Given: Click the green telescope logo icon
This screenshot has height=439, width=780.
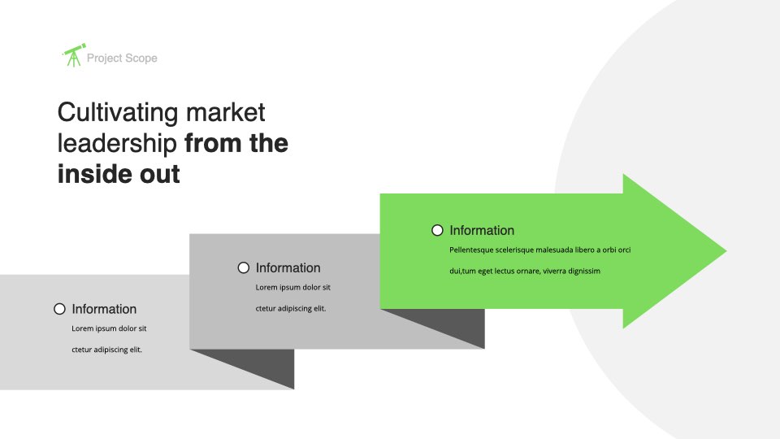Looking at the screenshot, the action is click(x=74, y=54).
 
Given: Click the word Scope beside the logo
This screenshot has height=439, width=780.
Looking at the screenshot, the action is click(x=141, y=59).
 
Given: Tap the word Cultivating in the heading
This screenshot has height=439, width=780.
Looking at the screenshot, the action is click(x=117, y=113).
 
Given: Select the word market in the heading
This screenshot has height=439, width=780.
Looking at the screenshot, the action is click(x=225, y=112).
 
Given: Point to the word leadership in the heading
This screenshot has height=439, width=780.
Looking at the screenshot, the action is click(x=117, y=144).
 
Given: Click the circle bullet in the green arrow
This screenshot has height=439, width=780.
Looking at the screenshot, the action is click(x=437, y=230).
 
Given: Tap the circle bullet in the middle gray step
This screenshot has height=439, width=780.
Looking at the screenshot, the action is click(x=243, y=267).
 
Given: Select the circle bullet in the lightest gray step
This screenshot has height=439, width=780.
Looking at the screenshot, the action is click(x=59, y=309).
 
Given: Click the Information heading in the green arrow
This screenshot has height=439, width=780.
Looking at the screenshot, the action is click(x=482, y=230).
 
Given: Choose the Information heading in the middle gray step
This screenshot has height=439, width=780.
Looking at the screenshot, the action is click(x=288, y=267).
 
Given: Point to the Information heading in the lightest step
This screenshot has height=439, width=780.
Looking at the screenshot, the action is click(x=104, y=309).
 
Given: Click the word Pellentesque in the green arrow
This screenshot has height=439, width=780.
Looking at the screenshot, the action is click(x=471, y=250).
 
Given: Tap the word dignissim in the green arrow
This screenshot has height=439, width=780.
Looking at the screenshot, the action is click(x=584, y=271).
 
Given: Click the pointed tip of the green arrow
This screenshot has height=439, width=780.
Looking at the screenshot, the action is click(x=726, y=251).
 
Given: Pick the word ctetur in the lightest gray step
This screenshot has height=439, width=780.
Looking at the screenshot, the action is click(x=81, y=350).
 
